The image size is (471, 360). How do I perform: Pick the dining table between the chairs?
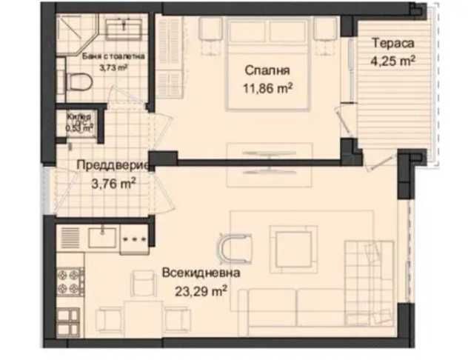(x=141, y=316)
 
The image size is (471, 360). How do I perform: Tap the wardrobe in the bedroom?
(x=167, y=59)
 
